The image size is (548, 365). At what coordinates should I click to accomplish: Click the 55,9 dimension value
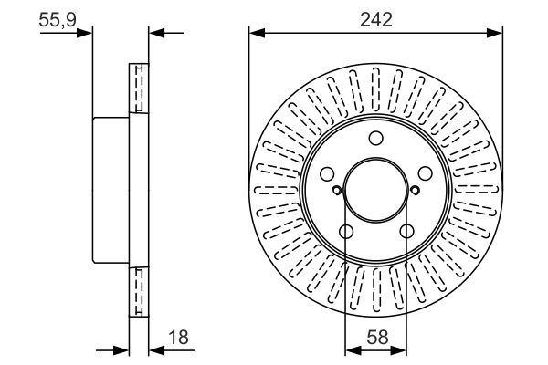pos(58,19)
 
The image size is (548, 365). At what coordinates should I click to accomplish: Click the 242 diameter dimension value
pos(376,19)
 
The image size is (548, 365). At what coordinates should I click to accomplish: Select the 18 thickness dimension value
pos(178,338)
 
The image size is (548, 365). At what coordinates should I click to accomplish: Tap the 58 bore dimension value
pos(378,338)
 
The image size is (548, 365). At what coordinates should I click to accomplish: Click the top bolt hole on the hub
pos(376,138)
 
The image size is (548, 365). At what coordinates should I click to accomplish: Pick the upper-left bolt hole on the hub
pos(328,173)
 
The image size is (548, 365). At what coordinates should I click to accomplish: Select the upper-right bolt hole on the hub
pos(426,173)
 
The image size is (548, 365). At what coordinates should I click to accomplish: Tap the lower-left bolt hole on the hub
pos(346,231)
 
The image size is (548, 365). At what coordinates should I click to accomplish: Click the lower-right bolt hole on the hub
pos(406,231)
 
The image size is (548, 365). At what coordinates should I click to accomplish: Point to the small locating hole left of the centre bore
pos(336,191)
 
